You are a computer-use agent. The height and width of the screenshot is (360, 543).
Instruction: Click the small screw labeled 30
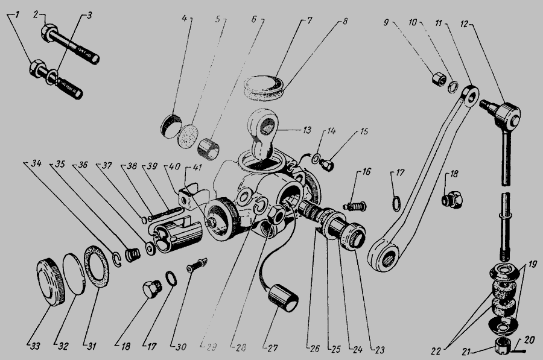pos(197,265)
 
